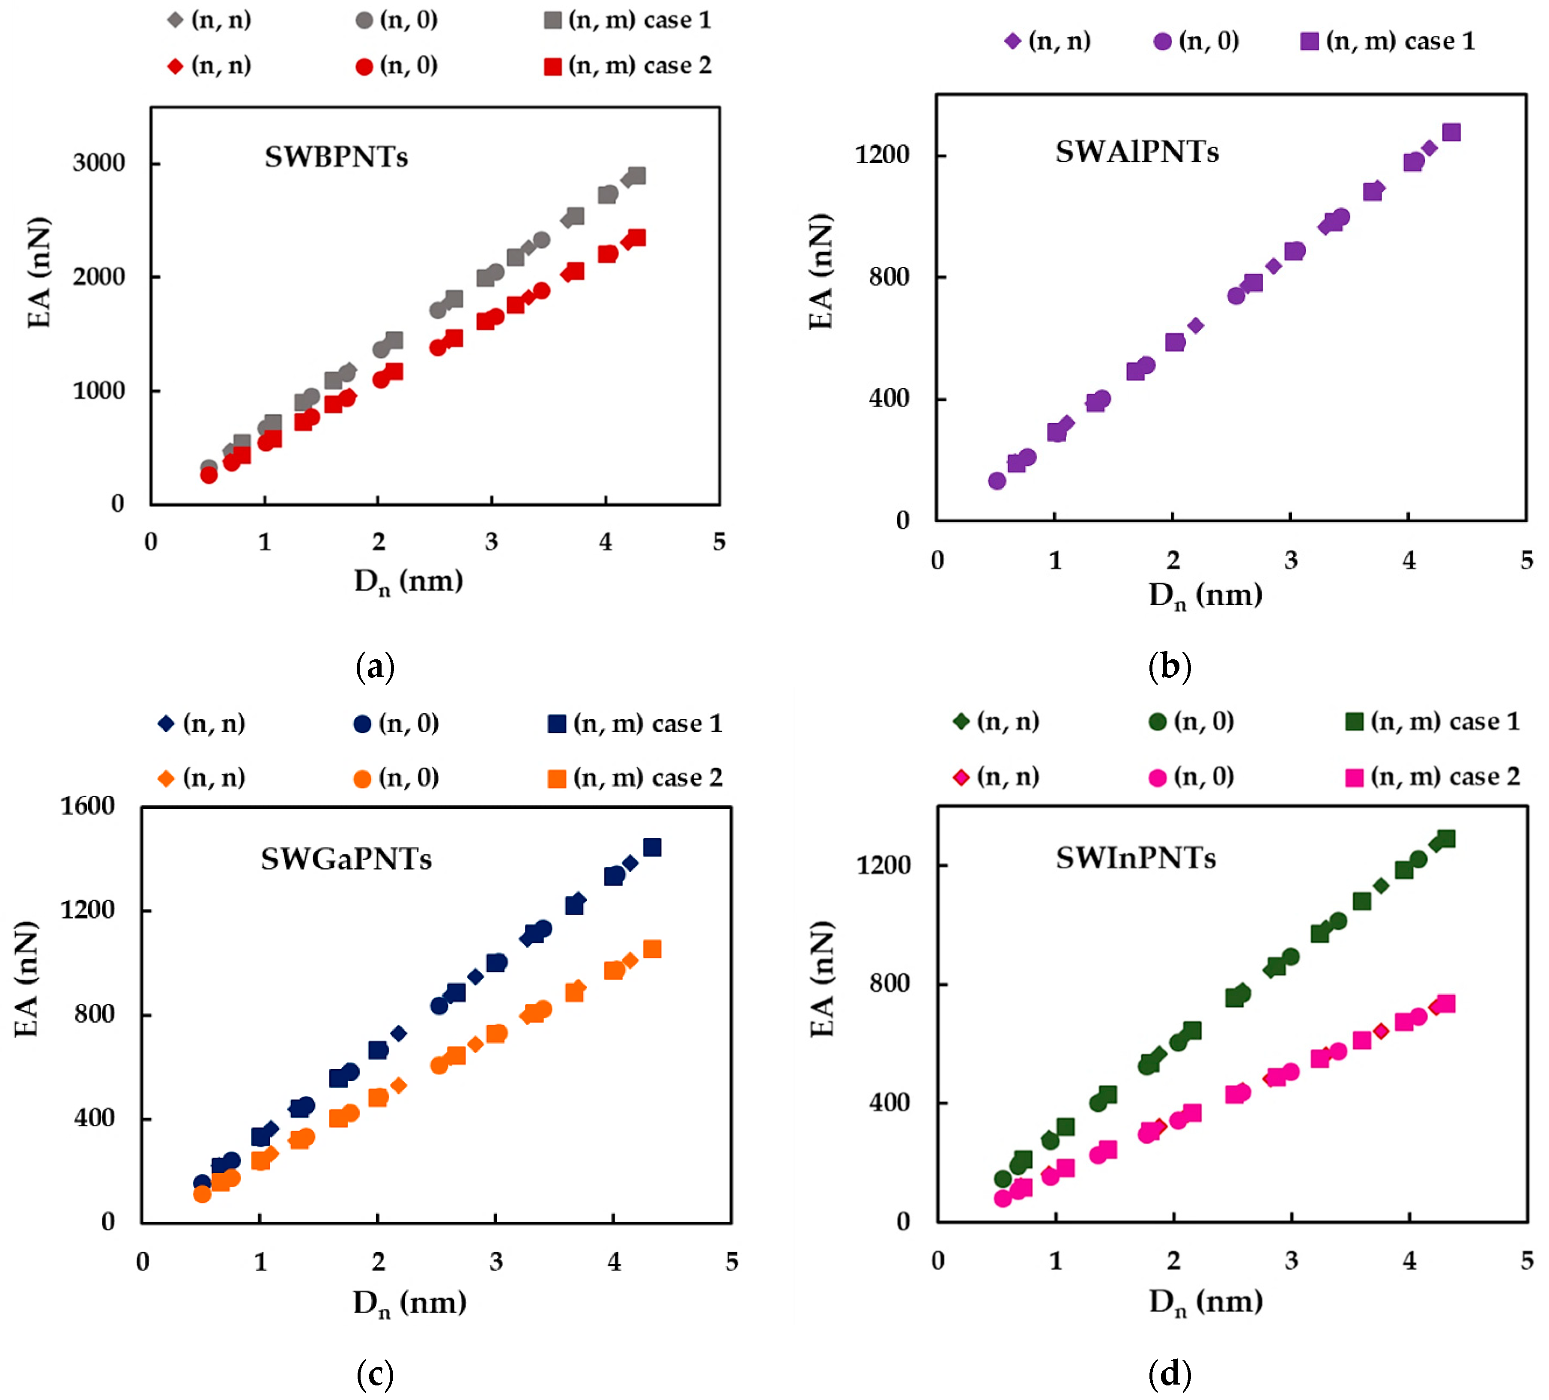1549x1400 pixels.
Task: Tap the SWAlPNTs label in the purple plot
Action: tap(1137, 152)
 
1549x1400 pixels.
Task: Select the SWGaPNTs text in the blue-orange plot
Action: tap(346, 859)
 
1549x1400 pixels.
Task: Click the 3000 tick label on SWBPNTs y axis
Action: tap(98, 163)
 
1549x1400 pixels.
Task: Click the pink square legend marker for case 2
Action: tap(1354, 777)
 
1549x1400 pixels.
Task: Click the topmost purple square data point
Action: tap(1451, 132)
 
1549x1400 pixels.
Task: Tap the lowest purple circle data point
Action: tap(997, 481)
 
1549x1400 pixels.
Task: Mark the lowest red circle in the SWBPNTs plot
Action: tap(208, 475)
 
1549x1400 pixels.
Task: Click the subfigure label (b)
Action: tap(1169, 666)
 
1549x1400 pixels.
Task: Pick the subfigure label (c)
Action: tap(375, 1373)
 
